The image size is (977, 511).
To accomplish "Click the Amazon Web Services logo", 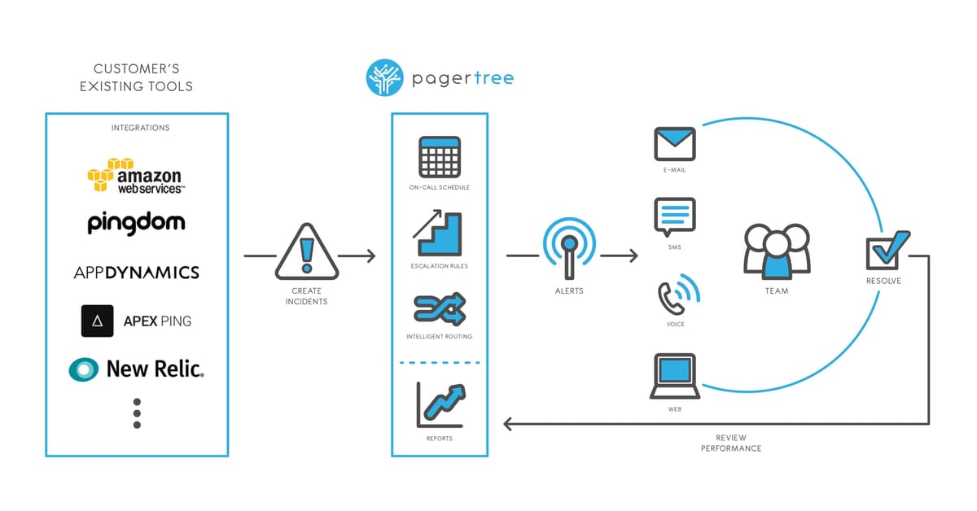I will pyautogui.click(x=136, y=175).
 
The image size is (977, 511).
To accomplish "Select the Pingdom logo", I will pyautogui.click(x=136, y=223).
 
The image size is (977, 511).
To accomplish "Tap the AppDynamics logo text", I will pyautogui.click(x=136, y=273).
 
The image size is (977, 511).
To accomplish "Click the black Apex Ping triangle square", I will pyautogui.click(x=97, y=321).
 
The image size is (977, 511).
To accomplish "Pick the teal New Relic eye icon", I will pyautogui.click(x=83, y=369).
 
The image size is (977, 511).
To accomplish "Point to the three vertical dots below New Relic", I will pyautogui.click(x=137, y=413).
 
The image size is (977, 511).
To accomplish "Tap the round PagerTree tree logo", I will pyautogui.click(x=386, y=78).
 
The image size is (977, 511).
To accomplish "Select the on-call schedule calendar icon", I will pyautogui.click(x=439, y=157).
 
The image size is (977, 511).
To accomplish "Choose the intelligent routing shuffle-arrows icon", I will pyautogui.click(x=439, y=308).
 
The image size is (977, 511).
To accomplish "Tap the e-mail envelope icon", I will pyautogui.click(x=675, y=144).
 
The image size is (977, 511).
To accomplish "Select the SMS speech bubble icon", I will pyautogui.click(x=675, y=217).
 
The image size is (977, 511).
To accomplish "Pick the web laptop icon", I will pyautogui.click(x=675, y=376).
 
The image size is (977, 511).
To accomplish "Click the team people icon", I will pyautogui.click(x=777, y=251).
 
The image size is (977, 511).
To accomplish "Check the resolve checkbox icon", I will pyautogui.click(x=884, y=250).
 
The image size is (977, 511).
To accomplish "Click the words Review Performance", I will pyautogui.click(x=731, y=443).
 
